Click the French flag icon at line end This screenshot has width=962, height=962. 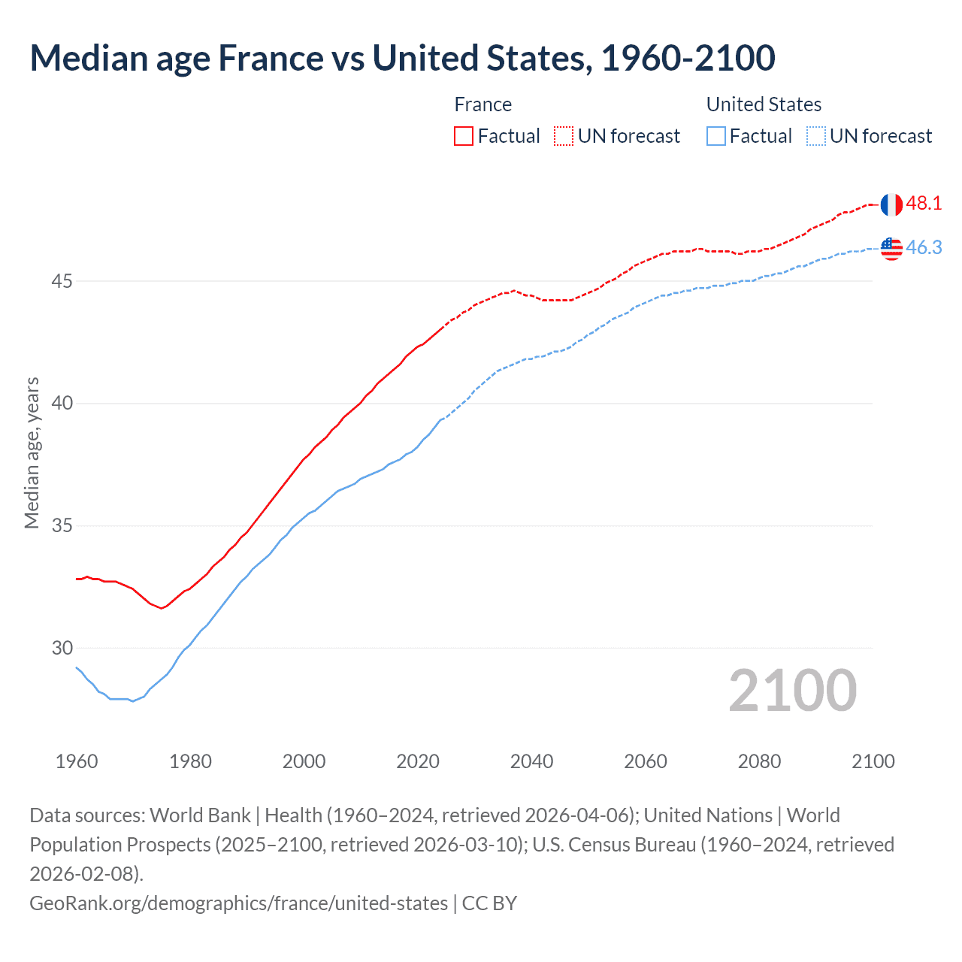click(891, 204)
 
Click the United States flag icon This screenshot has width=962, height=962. click(891, 248)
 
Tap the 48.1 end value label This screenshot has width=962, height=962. click(924, 203)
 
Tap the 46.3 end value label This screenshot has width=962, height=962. click(924, 247)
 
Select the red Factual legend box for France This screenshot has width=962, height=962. click(464, 136)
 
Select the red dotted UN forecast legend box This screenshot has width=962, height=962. click(564, 136)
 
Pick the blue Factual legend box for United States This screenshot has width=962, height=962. click(716, 136)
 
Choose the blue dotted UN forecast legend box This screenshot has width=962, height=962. click(815, 136)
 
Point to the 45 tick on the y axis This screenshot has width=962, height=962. click(62, 281)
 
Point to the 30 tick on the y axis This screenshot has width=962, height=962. click(62, 648)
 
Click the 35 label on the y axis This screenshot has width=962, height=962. click(62, 525)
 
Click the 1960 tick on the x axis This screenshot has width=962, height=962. click(77, 761)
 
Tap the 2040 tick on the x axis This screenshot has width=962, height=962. click(531, 761)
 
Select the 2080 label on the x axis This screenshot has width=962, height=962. click(759, 761)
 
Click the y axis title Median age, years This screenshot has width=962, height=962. click(32, 453)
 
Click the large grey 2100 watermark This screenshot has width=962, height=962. click(792, 691)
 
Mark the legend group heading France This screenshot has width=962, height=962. click(483, 104)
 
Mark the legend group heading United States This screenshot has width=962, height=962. click(764, 104)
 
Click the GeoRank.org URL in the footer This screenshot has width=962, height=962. click(238, 903)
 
